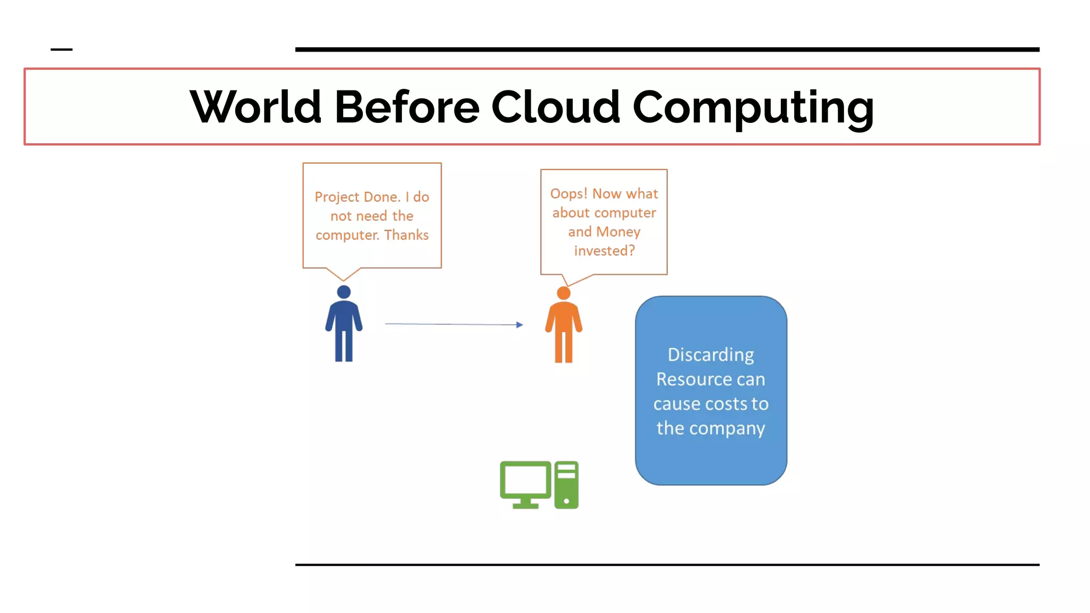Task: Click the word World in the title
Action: coord(255,107)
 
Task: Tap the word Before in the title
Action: coord(407,107)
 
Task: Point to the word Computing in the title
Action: coord(753,108)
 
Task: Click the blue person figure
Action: coord(344,327)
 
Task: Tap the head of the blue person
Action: coord(344,292)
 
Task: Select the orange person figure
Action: coord(564,329)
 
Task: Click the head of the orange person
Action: coord(564,293)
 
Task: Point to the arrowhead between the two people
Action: coord(519,325)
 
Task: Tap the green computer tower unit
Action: coord(566,485)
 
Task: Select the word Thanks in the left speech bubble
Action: coord(407,235)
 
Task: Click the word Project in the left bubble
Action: coord(336,197)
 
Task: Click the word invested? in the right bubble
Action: coord(604,251)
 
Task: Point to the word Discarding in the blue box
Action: coord(711,355)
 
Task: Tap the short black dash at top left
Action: coord(61,49)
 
